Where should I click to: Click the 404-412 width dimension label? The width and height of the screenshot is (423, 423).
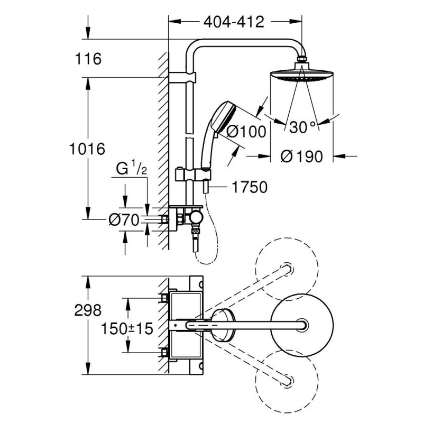(233, 23)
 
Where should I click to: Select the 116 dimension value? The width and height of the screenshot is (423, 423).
(88, 58)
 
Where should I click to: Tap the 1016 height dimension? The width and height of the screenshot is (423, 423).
(88, 149)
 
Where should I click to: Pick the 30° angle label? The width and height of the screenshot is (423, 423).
(302, 127)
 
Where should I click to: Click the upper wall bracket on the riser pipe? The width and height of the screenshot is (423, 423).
(182, 79)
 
